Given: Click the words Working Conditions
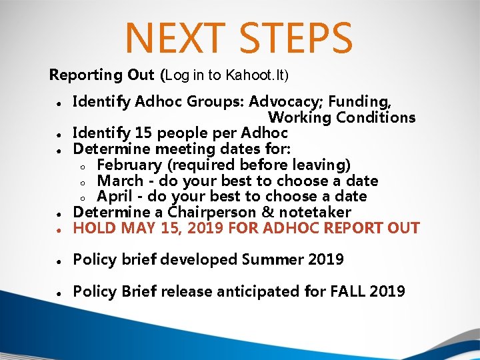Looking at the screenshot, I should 341,118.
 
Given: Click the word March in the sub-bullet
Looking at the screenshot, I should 120,181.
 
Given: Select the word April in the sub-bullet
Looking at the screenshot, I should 115,197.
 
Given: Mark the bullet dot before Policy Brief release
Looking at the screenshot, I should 59,293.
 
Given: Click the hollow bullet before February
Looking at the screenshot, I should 81,166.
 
